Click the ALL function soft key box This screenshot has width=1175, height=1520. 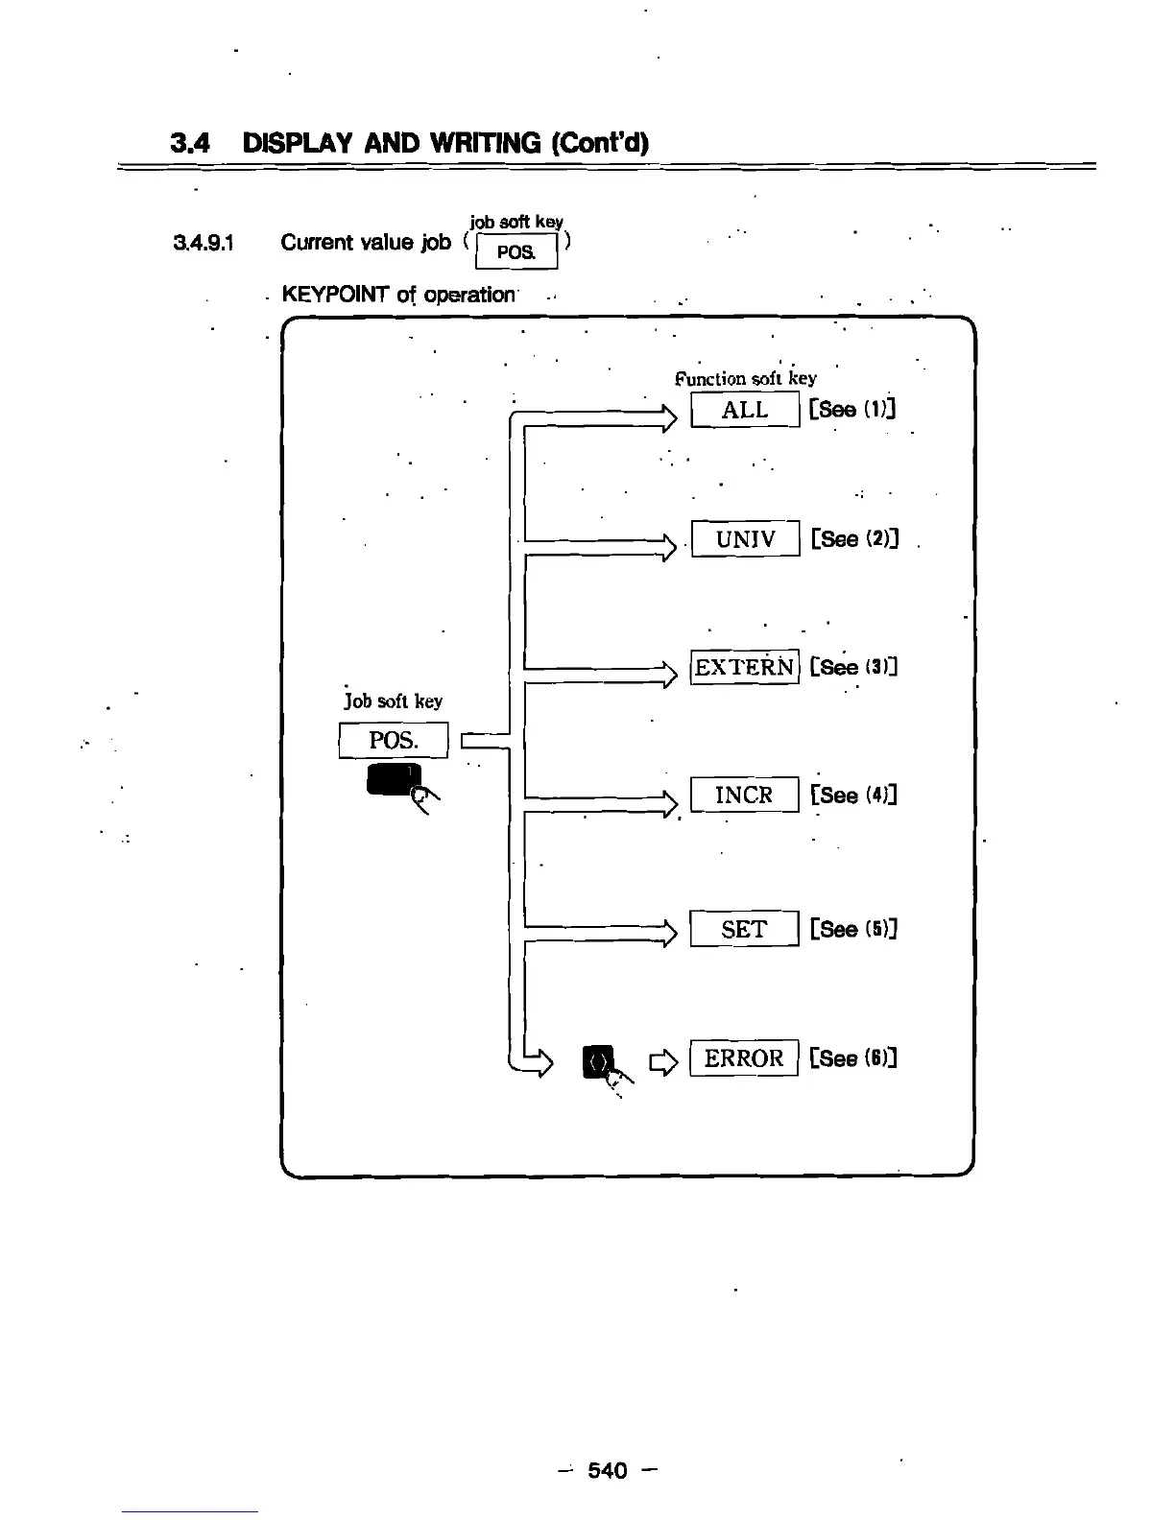(x=745, y=410)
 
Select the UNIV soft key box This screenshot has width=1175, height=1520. (x=745, y=538)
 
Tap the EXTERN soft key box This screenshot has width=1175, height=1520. (x=745, y=667)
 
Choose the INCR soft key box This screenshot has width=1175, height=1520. (x=745, y=795)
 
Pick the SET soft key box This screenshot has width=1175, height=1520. (x=745, y=929)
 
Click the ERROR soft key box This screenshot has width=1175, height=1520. (x=745, y=1057)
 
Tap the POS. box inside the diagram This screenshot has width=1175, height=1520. (x=394, y=740)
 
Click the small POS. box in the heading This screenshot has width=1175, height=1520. (x=516, y=252)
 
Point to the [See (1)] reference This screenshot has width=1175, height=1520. (x=852, y=410)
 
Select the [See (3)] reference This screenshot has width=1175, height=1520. (x=853, y=667)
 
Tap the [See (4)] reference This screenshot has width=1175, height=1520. (x=853, y=795)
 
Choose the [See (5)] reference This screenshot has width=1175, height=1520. (x=853, y=929)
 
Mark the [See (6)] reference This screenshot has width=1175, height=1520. (x=853, y=1057)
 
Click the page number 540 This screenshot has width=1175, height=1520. (x=607, y=1470)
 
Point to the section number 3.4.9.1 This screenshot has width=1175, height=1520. (x=203, y=243)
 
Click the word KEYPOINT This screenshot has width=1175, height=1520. (x=335, y=295)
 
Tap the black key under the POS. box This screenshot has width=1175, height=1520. (x=392, y=778)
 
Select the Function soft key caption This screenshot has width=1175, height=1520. (x=745, y=378)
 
